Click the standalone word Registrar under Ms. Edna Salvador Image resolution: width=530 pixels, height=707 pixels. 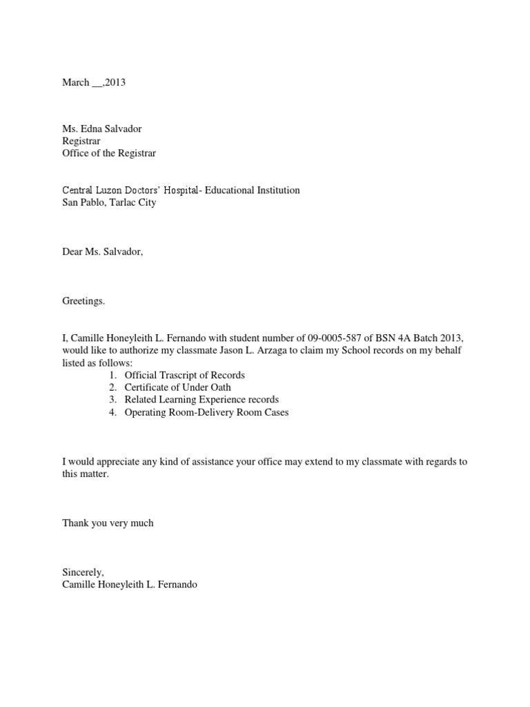click(81, 141)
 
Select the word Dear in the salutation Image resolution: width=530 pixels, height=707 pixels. click(72, 252)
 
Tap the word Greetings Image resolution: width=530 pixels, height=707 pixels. click(84, 301)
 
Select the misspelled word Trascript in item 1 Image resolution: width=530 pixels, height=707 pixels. click(181, 375)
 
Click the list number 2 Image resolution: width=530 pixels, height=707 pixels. click(112, 387)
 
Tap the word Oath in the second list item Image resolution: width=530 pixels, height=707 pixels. click(220, 387)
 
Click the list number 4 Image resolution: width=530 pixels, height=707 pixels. click(112, 412)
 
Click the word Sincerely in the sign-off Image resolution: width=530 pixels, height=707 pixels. click(83, 572)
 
